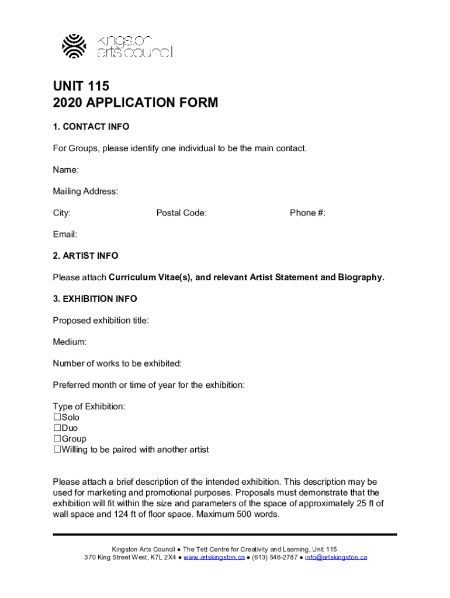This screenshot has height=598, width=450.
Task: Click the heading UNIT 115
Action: click(81, 86)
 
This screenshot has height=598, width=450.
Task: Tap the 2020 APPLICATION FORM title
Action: click(135, 103)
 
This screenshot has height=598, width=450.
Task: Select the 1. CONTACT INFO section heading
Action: click(91, 127)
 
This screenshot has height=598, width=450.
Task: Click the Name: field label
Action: click(66, 170)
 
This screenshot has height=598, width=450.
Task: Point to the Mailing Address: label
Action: click(85, 192)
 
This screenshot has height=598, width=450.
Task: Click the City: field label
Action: click(62, 213)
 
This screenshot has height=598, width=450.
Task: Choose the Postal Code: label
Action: click(181, 213)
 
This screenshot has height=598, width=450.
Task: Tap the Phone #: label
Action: click(307, 213)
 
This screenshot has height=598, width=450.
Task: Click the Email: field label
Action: click(65, 235)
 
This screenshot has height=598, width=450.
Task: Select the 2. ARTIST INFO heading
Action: click(85, 256)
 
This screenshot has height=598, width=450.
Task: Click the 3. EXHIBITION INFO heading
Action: click(95, 299)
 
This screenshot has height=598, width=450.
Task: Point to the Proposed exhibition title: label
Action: click(101, 321)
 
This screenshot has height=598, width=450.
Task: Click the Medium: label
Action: click(70, 342)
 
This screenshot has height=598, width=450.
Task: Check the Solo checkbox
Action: click(57, 418)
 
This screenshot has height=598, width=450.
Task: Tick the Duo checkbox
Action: click(57, 428)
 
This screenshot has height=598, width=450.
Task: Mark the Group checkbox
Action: click(57, 439)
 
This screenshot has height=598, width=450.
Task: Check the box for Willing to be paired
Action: click(57, 450)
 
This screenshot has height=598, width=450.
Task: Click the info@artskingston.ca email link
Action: click(335, 558)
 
